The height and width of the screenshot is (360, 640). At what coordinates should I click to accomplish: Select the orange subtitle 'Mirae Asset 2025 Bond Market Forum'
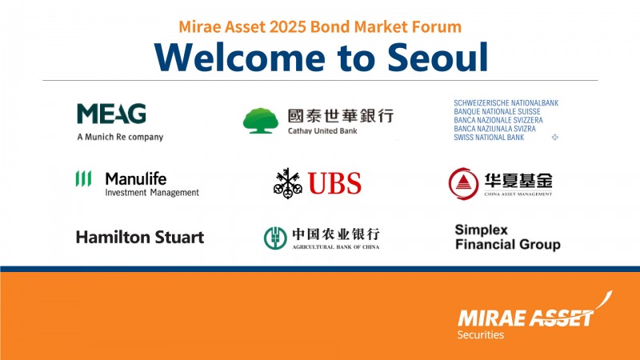[x=320, y=26]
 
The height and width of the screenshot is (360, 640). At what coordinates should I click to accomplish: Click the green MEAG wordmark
[x=111, y=114]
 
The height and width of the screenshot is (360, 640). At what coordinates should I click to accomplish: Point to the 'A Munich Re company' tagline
[x=120, y=137]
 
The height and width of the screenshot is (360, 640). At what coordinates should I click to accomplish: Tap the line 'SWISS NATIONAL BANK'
[x=488, y=138]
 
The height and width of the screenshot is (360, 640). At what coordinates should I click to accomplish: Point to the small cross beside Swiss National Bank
[x=555, y=138]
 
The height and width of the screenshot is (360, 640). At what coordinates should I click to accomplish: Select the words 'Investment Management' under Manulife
[x=152, y=192]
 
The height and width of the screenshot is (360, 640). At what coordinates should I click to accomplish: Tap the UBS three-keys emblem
[x=288, y=183]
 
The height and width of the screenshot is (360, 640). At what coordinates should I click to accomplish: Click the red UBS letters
[x=335, y=183]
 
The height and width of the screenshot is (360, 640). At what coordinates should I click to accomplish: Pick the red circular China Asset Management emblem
[x=462, y=183]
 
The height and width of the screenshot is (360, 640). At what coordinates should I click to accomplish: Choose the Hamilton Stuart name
[x=140, y=237]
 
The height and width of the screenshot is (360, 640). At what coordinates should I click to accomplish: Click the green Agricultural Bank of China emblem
[x=275, y=238]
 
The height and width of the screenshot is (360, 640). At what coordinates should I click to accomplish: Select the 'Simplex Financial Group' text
[x=507, y=237]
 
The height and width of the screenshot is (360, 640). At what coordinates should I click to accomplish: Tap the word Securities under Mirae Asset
[x=481, y=335]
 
